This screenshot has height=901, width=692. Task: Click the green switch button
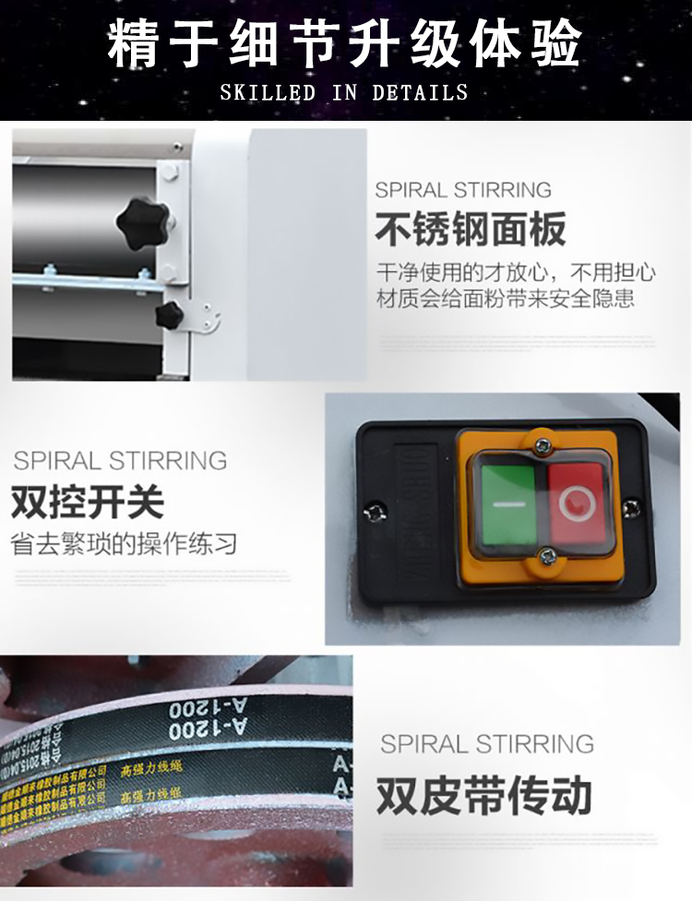click(507, 504)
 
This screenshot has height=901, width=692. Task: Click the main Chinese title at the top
click(345, 43)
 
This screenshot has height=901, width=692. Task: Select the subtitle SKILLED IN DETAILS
click(344, 93)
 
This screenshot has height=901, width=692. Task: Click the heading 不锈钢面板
click(471, 230)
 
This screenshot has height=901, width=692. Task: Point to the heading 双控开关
click(88, 502)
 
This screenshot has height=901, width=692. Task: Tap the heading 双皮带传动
click(483, 796)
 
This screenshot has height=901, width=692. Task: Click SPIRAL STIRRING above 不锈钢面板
click(463, 191)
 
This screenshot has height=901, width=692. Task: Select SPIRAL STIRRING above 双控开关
click(120, 460)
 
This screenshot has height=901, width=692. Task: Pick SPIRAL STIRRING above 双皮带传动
click(487, 743)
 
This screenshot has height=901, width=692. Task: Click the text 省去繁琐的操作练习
click(124, 543)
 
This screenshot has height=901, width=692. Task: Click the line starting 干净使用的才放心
click(516, 274)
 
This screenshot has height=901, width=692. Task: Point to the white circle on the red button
click(577, 503)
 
